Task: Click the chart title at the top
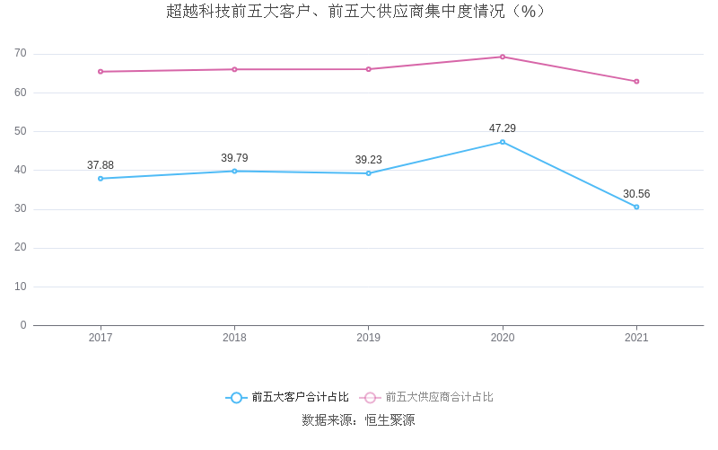tap(356, 12)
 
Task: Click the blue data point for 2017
tap(101, 179)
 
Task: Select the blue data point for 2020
tap(503, 142)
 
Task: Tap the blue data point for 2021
tap(636, 207)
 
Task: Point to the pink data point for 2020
tap(503, 57)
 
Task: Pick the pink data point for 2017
tap(101, 72)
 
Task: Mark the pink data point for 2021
tap(636, 82)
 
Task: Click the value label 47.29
tap(503, 128)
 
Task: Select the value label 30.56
tap(636, 194)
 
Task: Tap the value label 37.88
tap(101, 165)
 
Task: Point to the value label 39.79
tap(234, 158)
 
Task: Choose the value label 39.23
tap(368, 160)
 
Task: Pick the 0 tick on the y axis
tap(23, 325)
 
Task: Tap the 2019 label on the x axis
tap(368, 338)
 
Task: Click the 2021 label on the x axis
tap(636, 338)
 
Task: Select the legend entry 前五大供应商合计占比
tap(427, 397)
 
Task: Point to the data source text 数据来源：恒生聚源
tap(358, 420)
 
